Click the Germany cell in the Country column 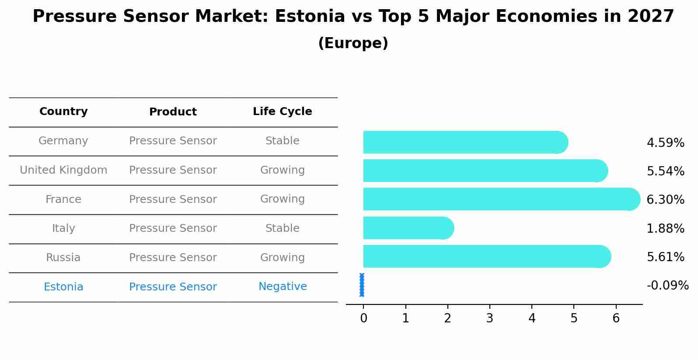63,141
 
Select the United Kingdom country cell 63,170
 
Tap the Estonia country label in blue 63,287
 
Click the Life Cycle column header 283,112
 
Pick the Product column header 173,112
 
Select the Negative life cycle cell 283,287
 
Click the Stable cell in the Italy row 283,228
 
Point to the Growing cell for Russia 283,258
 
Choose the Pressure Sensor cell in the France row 173,199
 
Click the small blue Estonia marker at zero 362,285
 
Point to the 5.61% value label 665,257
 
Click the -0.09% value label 667,286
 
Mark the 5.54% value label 665,171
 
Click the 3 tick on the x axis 489,318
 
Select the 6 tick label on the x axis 616,318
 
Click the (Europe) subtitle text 353,43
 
